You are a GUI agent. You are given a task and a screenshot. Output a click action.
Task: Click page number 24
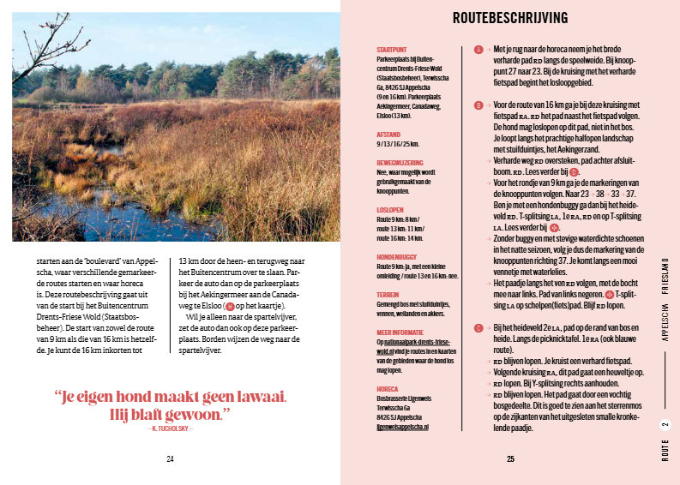pos(170,459)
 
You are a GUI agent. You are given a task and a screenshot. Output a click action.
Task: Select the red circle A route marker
pos(478,50)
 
